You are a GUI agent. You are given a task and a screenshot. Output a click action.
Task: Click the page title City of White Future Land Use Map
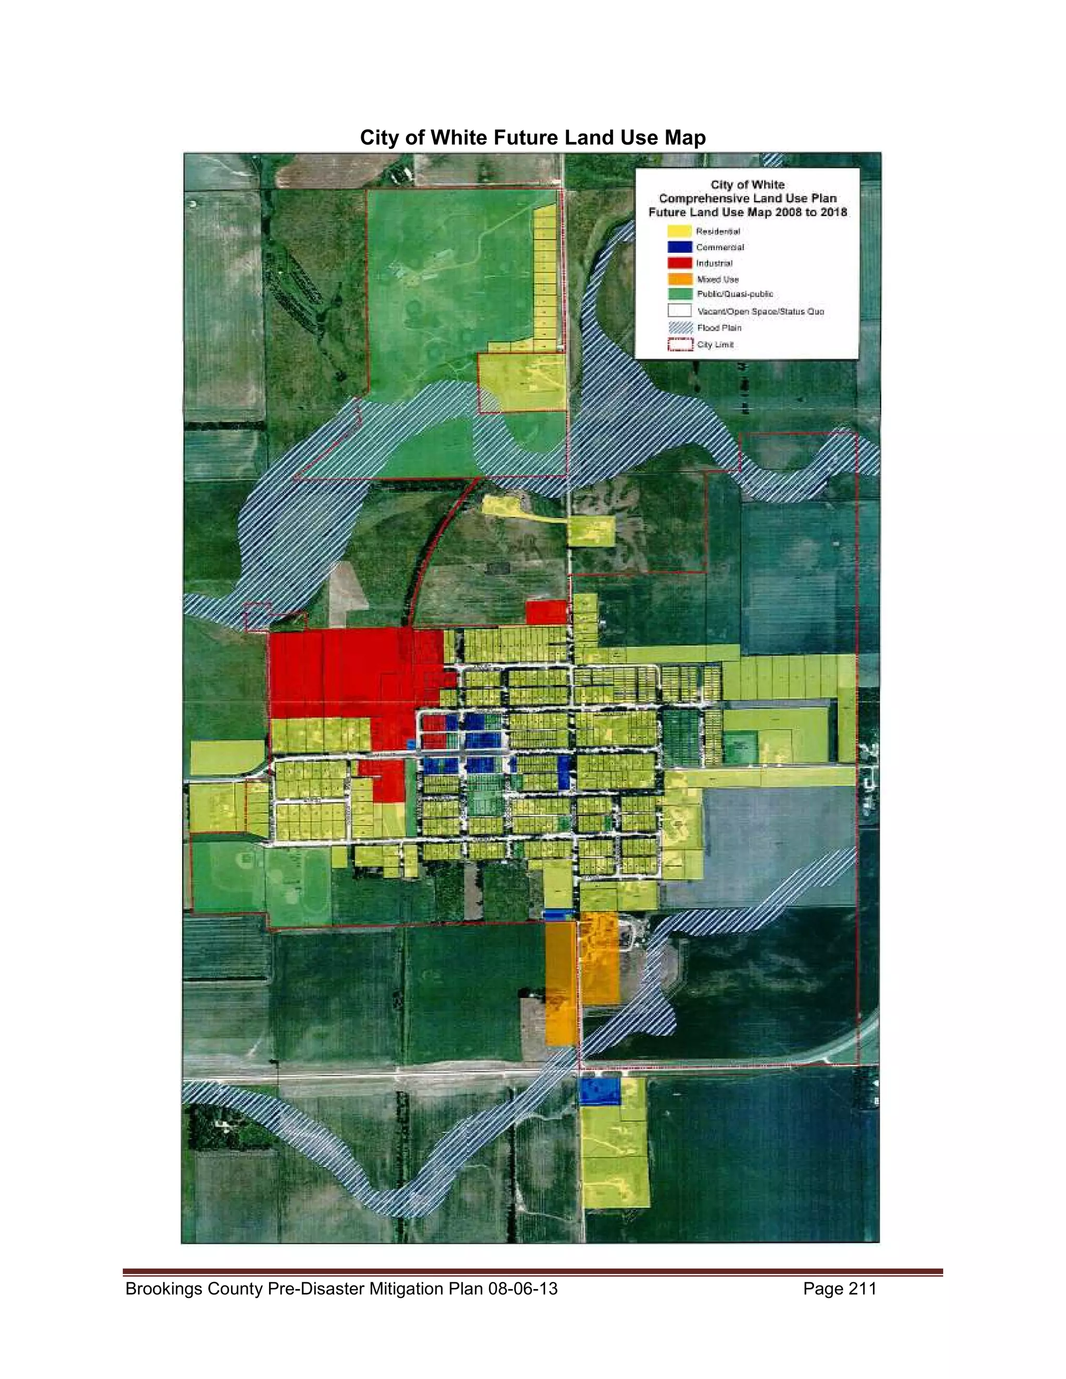(532, 138)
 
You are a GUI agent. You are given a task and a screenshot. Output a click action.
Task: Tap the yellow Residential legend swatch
(679, 231)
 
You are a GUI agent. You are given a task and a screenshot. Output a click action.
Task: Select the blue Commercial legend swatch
(679, 247)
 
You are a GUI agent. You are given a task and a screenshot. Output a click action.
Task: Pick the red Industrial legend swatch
(679, 263)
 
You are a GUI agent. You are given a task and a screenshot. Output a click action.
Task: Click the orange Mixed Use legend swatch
(679, 278)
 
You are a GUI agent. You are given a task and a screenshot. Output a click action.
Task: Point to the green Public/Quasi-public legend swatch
(679, 294)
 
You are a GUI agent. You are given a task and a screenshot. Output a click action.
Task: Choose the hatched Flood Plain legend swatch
(679, 328)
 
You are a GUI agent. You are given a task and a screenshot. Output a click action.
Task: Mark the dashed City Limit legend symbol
(679, 344)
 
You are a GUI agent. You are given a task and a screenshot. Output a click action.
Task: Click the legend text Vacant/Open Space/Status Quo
(760, 311)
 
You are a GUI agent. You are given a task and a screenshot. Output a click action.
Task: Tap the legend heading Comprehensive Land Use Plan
(748, 198)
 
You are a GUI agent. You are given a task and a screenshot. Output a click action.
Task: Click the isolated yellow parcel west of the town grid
(227, 757)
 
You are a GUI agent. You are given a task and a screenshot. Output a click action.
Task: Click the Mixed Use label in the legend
(717, 279)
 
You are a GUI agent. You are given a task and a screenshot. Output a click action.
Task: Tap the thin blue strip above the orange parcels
(559, 914)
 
